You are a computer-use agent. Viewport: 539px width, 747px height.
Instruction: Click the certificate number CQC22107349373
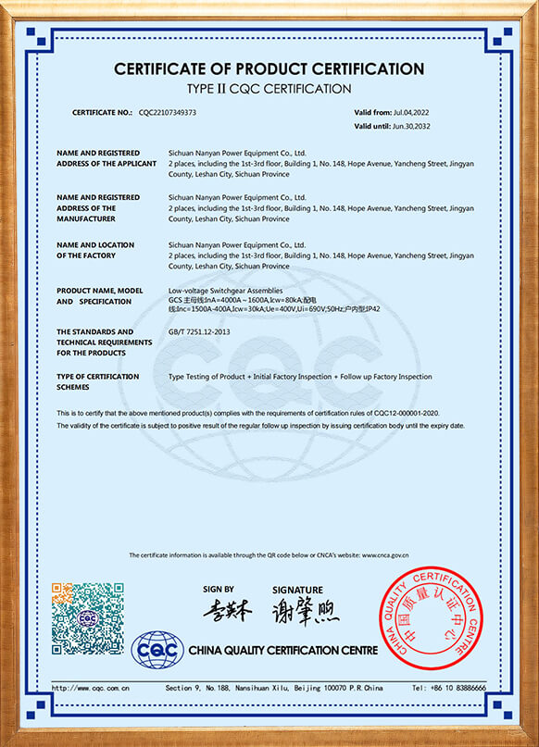pyautogui.click(x=168, y=112)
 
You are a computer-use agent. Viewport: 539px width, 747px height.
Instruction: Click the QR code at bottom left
pyautogui.click(x=88, y=618)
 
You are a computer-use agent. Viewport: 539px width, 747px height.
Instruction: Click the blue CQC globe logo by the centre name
pyautogui.click(x=157, y=650)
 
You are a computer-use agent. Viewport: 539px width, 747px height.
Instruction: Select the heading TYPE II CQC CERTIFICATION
pyautogui.click(x=269, y=89)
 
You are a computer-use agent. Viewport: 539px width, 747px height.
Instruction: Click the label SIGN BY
pyautogui.click(x=219, y=589)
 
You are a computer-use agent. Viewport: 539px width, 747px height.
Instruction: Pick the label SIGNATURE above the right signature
pyautogui.click(x=297, y=590)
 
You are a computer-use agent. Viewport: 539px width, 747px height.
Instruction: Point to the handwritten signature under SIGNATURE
pyautogui.click(x=305, y=611)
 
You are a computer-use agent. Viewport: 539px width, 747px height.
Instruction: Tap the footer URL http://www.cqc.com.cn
pyautogui.click(x=90, y=688)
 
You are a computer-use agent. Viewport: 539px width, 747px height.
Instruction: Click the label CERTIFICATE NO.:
pyautogui.click(x=103, y=112)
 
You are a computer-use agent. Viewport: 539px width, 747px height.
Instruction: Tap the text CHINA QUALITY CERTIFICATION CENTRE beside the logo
pyautogui.click(x=283, y=651)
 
